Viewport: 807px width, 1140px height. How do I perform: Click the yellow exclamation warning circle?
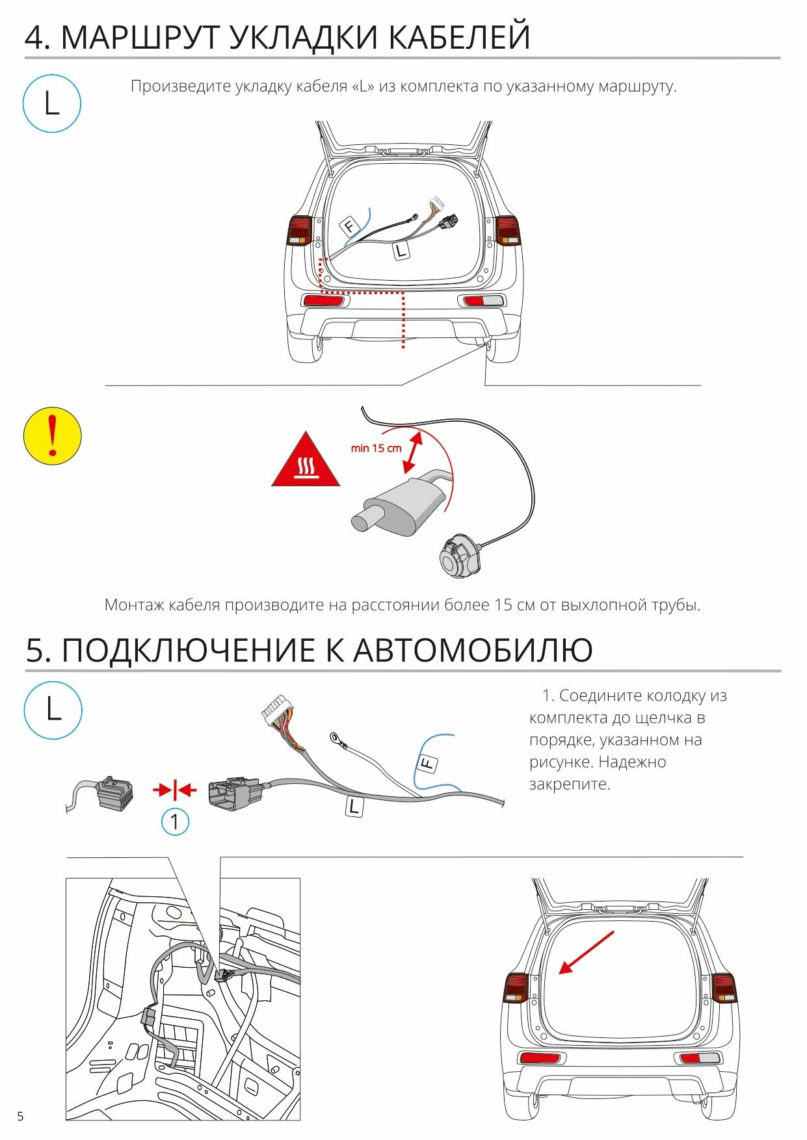[52, 435]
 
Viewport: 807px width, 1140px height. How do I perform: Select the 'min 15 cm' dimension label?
[376, 448]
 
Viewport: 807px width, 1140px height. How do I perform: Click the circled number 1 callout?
[174, 822]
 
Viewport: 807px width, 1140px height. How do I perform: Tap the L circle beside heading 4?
[51, 104]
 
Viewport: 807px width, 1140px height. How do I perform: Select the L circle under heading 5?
[53, 710]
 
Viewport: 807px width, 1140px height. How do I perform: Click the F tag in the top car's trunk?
[350, 226]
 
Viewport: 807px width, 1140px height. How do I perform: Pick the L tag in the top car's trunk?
[401, 250]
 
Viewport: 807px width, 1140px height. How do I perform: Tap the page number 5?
[20, 1117]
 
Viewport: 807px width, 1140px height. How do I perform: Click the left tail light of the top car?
[300, 231]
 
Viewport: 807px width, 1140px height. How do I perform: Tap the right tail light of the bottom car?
[724, 988]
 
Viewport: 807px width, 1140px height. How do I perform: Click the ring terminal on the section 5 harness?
[337, 737]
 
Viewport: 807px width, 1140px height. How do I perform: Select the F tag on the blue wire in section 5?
[427, 764]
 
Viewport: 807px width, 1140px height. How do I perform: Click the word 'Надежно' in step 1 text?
[632, 762]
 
